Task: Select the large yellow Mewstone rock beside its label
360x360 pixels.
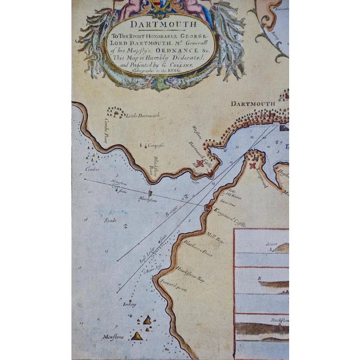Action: (137, 336)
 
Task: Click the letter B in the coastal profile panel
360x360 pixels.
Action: (259, 277)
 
